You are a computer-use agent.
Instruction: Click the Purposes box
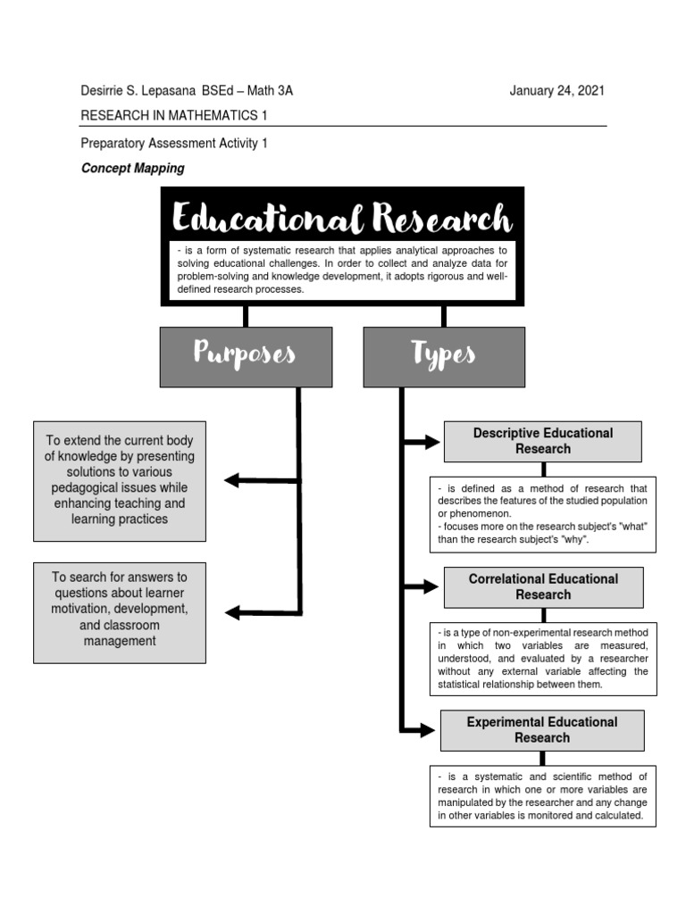click(246, 356)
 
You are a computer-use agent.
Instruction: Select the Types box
click(444, 356)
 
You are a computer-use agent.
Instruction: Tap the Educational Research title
click(342, 218)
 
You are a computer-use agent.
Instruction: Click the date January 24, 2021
click(557, 91)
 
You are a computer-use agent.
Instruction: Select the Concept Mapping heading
click(133, 168)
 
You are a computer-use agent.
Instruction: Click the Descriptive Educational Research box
click(542, 441)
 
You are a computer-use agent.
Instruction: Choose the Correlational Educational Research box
click(542, 586)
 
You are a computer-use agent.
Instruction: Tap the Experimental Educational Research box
click(541, 729)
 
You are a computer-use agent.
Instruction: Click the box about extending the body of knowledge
click(120, 480)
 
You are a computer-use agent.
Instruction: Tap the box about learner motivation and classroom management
click(120, 612)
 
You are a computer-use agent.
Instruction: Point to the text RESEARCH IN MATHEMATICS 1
click(174, 116)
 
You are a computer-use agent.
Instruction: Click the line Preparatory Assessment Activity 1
click(174, 143)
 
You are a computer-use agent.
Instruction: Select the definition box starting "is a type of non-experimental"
click(542, 659)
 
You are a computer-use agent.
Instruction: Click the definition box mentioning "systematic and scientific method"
click(542, 795)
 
